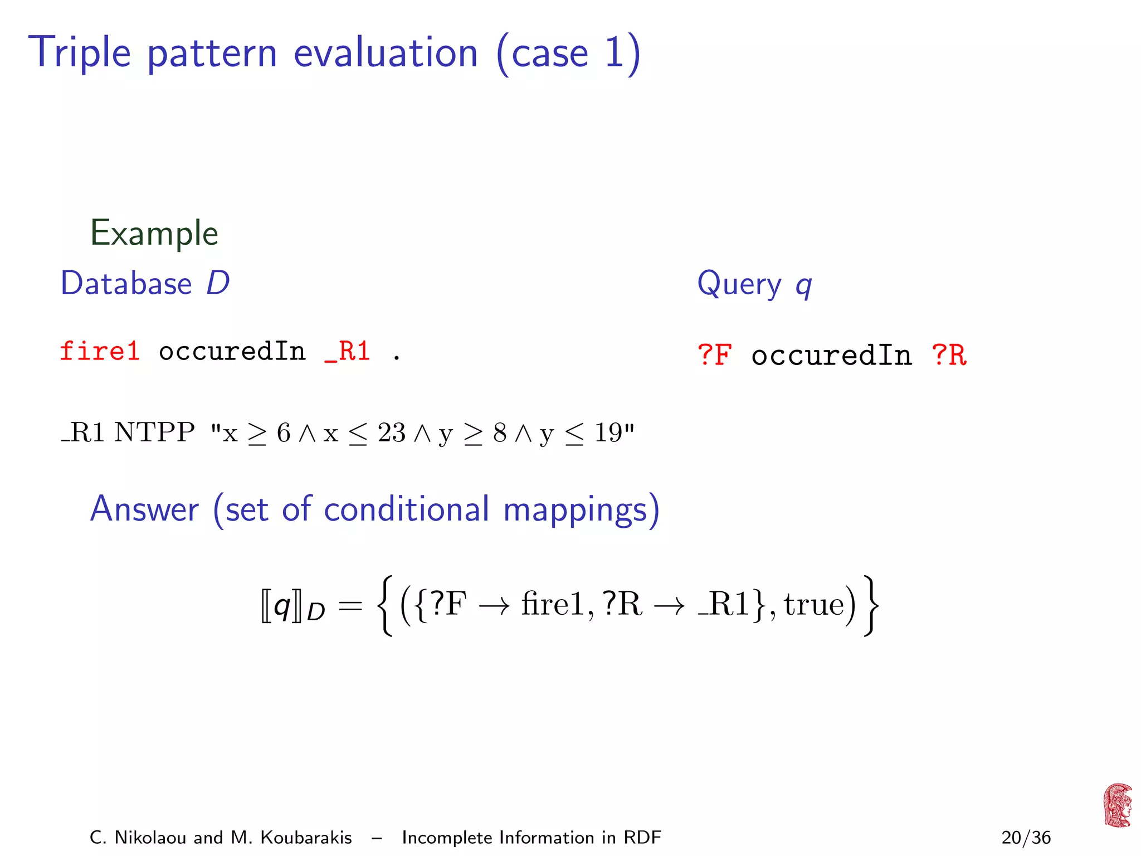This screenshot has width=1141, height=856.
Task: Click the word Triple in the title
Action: pyautogui.click(x=80, y=53)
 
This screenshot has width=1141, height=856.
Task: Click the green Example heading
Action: pyautogui.click(x=154, y=233)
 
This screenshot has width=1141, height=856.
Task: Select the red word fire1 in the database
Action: pyautogui.click(x=99, y=352)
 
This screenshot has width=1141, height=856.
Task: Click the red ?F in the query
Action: pyautogui.click(x=714, y=355)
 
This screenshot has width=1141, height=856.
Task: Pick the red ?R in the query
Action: pyautogui.click(x=949, y=355)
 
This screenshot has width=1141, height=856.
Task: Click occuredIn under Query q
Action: pyautogui.click(x=831, y=355)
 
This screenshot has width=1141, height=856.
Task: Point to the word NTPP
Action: pyautogui.click(x=154, y=432)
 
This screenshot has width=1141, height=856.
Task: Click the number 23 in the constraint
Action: pyautogui.click(x=391, y=432)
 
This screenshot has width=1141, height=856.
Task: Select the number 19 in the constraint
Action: pyautogui.click(x=608, y=432)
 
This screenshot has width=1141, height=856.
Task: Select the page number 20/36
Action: pyautogui.click(x=1026, y=838)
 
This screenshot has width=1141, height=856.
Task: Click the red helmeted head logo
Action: pyautogui.click(x=1117, y=805)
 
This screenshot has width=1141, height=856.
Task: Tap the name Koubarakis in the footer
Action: pyautogui.click(x=306, y=838)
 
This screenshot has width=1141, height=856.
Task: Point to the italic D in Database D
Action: pyautogui.click(x=217, y=283)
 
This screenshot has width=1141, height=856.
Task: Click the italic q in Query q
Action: pyautogui.click(x=803, y=285)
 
